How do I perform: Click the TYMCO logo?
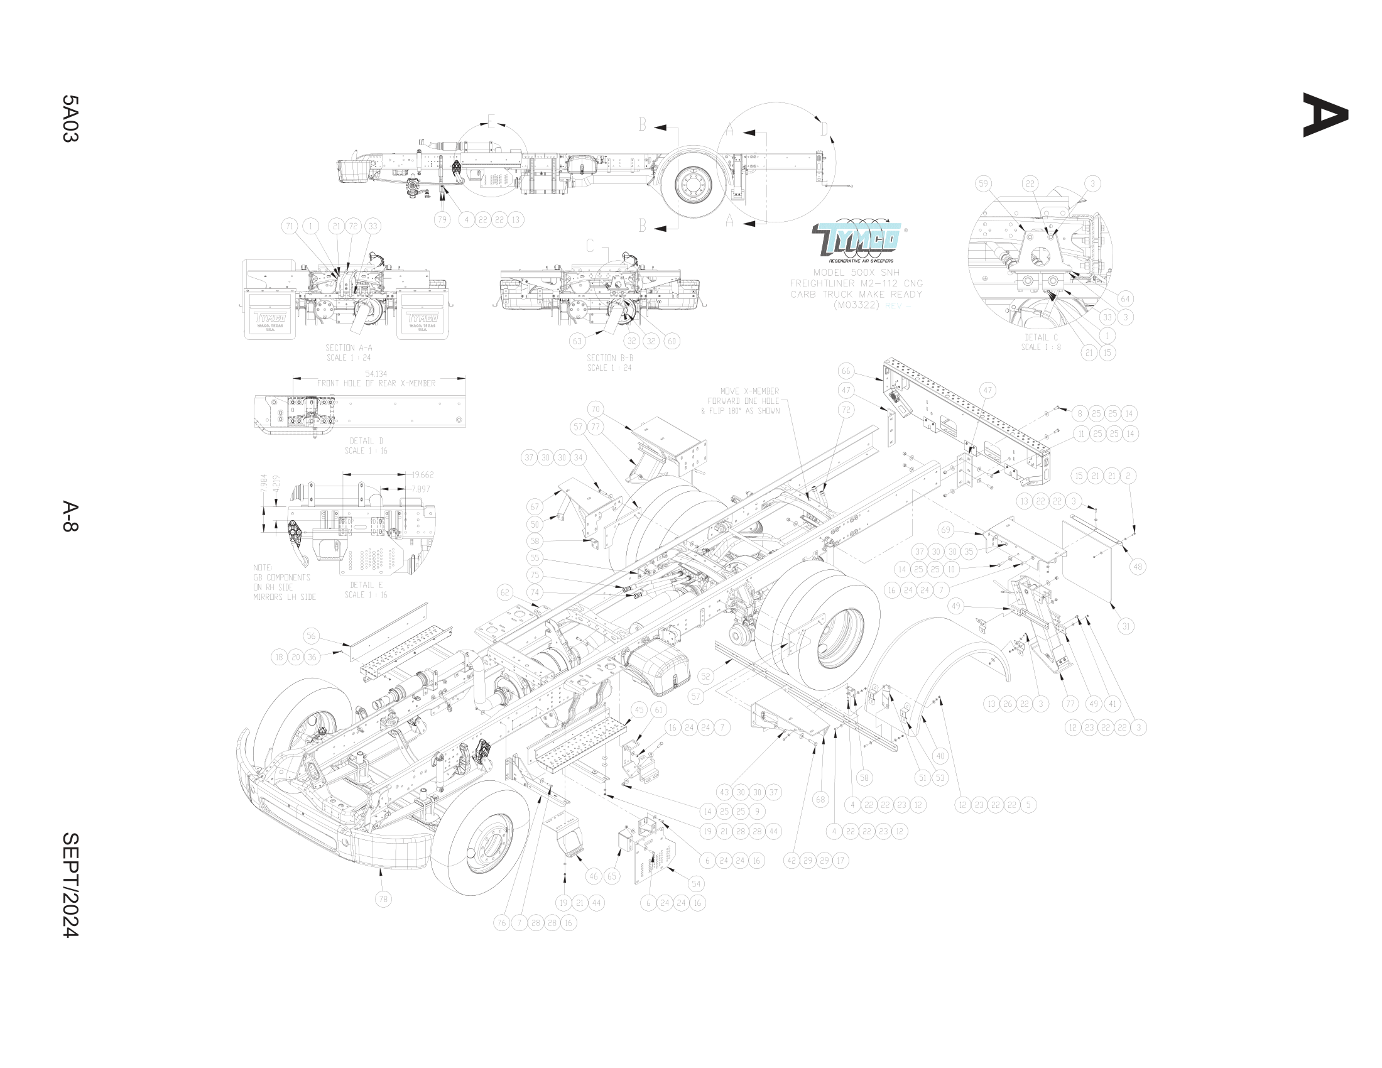[857, 240]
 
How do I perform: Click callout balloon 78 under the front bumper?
[383, 899]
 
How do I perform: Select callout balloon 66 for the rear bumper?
[846, 371]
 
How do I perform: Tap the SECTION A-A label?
[349, 348]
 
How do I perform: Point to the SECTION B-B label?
[609, 358]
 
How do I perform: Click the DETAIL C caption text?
[1041, 338]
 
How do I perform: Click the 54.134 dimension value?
[376, 374]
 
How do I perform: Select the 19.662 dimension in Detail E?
[422, 474]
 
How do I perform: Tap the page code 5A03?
[70, 119]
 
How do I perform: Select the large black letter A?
[1325, 115]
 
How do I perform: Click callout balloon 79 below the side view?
[442, 219]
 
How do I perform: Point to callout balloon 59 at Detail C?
[982, 184]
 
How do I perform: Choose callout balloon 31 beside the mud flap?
[1126, 626]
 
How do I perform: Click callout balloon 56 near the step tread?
[311, 636]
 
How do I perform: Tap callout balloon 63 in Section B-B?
[577, 341]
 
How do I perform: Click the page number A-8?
[70, 517]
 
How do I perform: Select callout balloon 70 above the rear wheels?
[595, 409]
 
